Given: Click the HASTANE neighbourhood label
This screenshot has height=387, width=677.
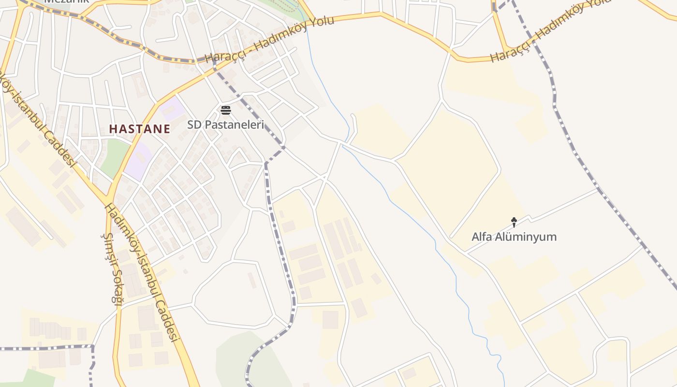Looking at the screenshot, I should (x=139, y=129).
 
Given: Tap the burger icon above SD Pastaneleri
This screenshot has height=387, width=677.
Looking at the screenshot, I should (x=225, y=110).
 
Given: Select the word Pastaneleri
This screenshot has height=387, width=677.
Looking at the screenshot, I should (x=235, y=125).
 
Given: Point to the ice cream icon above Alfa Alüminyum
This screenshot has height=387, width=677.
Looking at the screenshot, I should (x=514, y=222).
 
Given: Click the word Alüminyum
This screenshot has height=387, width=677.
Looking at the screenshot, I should (x=527, y=237).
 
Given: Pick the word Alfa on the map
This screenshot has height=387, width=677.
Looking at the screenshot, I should (x=482, y=237).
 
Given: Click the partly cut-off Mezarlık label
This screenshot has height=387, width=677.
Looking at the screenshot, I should (x=67, y=1).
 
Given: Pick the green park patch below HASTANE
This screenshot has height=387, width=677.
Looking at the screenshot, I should (x=113, y=157).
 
